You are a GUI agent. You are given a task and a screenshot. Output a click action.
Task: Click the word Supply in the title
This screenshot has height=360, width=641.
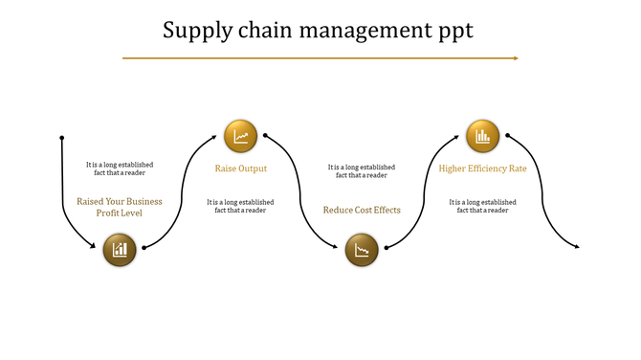(196, 31)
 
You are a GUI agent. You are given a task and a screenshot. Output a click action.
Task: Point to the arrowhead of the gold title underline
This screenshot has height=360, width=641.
(516, 58)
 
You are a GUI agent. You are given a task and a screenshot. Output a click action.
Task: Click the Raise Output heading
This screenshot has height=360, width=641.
(240, 169)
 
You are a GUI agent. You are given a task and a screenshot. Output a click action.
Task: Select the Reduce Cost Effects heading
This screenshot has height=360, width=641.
(362, 210)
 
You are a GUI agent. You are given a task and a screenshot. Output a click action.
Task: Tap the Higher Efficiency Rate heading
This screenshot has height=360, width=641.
(483, 169)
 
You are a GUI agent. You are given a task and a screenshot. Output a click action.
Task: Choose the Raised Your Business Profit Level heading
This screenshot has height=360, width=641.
(120, 207)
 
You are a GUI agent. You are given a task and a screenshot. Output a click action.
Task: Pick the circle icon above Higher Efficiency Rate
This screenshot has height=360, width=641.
(483, 136)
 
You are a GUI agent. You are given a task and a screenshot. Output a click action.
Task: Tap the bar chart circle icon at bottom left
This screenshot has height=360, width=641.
(120, 251)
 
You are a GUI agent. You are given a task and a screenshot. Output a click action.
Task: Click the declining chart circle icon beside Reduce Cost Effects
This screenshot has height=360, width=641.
(362, 251)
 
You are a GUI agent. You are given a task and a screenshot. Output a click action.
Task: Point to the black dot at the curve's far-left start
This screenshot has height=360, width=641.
(62, 137)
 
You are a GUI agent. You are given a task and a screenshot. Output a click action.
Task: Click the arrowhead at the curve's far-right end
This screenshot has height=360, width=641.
(577, 248)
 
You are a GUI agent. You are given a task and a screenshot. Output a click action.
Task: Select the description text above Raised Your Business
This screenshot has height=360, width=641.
(120, 169)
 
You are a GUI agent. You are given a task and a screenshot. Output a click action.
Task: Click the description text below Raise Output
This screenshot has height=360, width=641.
(240, 206)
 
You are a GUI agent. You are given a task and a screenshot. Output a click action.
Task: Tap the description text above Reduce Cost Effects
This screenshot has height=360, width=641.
(362, 170)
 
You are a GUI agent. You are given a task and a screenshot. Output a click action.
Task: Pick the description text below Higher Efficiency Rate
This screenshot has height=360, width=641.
(483, 206)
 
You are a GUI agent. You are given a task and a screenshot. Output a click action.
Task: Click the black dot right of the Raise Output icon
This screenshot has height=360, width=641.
(265, 136)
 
